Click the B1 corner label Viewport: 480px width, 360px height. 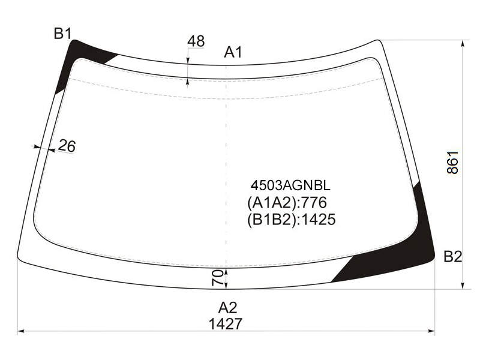(62, 34)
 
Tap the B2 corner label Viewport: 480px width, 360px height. (453, 257)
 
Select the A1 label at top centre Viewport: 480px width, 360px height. (233, 52)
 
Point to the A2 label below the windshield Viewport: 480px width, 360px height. (228, 308)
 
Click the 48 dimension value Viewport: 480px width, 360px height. (196, 41)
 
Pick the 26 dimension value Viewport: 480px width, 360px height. (67, 146)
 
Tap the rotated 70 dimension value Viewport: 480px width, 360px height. (217, 277)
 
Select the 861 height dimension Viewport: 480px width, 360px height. (452, 162)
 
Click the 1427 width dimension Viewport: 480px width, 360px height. (226, 324)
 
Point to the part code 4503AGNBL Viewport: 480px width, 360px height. (290, 185)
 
